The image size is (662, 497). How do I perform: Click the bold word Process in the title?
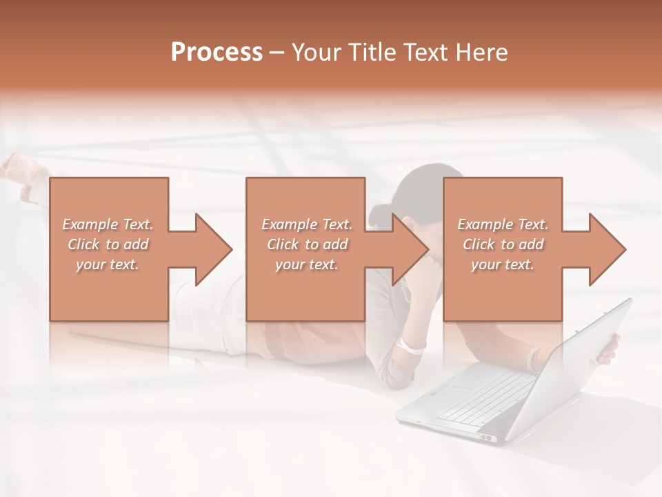click(217, 52)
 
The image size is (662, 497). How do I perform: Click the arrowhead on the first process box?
click(214, 249)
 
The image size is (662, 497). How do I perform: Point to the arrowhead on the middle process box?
click(410, 249)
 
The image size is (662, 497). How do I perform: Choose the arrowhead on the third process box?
click(608, 249)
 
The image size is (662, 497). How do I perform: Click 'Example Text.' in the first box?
click(108, 224)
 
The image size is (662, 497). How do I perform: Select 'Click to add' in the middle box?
click(307, 244)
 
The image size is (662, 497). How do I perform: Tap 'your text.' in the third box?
click(502, 264)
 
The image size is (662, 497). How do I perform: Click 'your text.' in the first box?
click(108, 264)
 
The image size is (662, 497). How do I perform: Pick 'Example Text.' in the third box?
click(502, 224)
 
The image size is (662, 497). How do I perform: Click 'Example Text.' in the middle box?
click(307, 224)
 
